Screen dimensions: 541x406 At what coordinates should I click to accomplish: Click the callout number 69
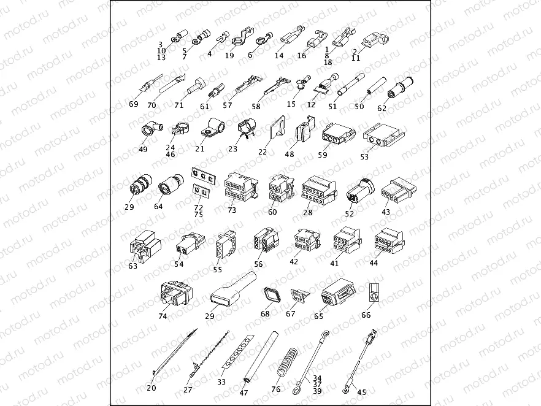pos(134,104)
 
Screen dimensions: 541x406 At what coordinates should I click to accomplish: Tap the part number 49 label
pos(143,150)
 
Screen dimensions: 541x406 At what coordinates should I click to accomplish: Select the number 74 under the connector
pos(163,316)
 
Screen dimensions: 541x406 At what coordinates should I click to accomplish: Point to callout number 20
pos(152,388)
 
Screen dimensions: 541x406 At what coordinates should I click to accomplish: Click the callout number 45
pos(362,393)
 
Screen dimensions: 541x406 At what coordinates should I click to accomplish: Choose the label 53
pos(364,156)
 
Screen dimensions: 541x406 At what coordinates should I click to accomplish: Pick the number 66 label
pos(366,315)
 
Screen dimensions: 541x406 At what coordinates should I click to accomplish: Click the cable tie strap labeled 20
pos(174,352)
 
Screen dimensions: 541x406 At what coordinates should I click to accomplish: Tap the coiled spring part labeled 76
pos(287,365)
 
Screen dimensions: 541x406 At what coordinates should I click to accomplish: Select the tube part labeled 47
pos(261,357)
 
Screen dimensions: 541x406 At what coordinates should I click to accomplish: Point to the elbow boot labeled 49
pos(152,131)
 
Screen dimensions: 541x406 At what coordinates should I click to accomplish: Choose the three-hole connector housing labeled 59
pos(338,133)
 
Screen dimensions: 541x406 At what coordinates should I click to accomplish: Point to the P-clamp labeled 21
pos(213,128)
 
